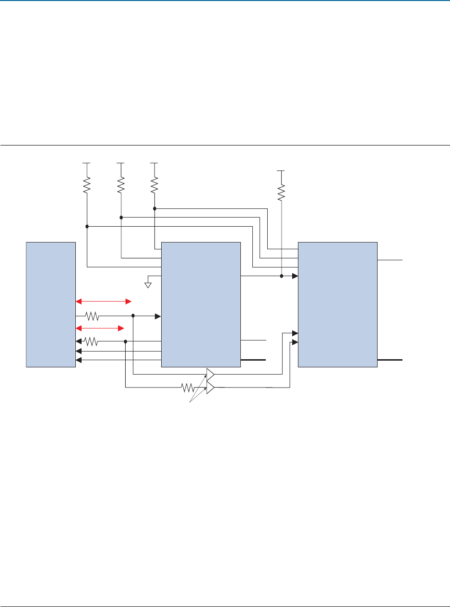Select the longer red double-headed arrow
(104, 302)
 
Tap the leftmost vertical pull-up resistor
(87, 184)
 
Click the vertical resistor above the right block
(282, 192)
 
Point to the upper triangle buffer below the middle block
(210, 373)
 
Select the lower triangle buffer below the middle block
(210, 388)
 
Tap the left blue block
(51, 304)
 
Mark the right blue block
(337, 304)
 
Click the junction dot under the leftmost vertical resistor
(87, 226)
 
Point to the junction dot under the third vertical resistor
(154, 208)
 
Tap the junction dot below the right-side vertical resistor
(282, 276)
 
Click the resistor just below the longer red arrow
(92, 316)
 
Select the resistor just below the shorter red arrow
(91, 341)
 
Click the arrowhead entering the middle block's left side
(157, 316)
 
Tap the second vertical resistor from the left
(121, 184)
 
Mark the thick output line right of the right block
(391, 360)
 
